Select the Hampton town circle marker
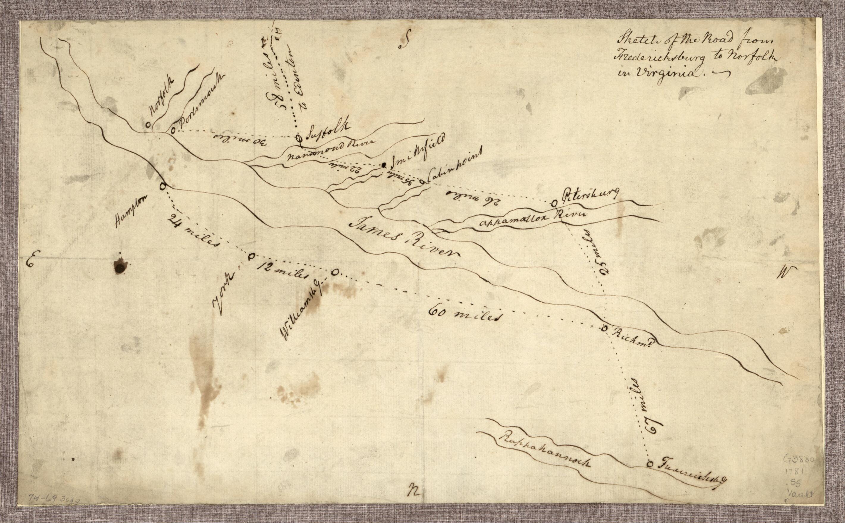[x=162, y=186]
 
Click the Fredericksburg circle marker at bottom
[x=650, y=464]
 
